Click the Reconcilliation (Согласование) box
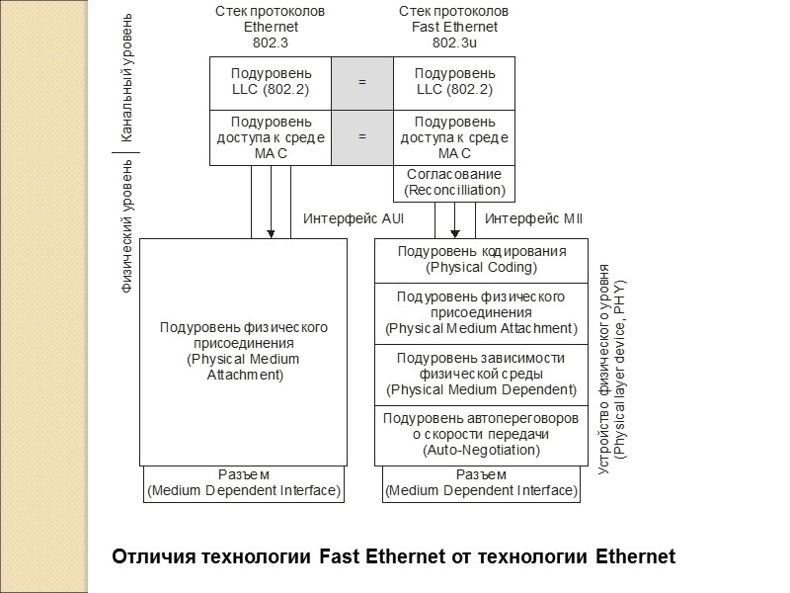(x=454, y=182)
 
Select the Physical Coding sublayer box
(x=481, y=260)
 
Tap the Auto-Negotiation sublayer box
(x=481, y=434)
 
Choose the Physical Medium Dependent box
(x=481, y=374)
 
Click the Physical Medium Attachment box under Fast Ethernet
(x=481, y=313)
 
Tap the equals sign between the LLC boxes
(x=361, y=82)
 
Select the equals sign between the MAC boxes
(x=361, y=136)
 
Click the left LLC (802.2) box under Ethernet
(x=271, y=82)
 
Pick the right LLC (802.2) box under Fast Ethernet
(x=454, y=82)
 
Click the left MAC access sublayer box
(x=271, y=136)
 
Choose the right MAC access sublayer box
(x=454, y=136)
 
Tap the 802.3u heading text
(x=453, y=42)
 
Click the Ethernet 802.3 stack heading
(x=271, y=27)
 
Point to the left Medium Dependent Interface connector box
(x=244, y=483)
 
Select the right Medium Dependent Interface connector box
(x=481, y=483)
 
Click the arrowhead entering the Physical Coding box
(x=454, y=233)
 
